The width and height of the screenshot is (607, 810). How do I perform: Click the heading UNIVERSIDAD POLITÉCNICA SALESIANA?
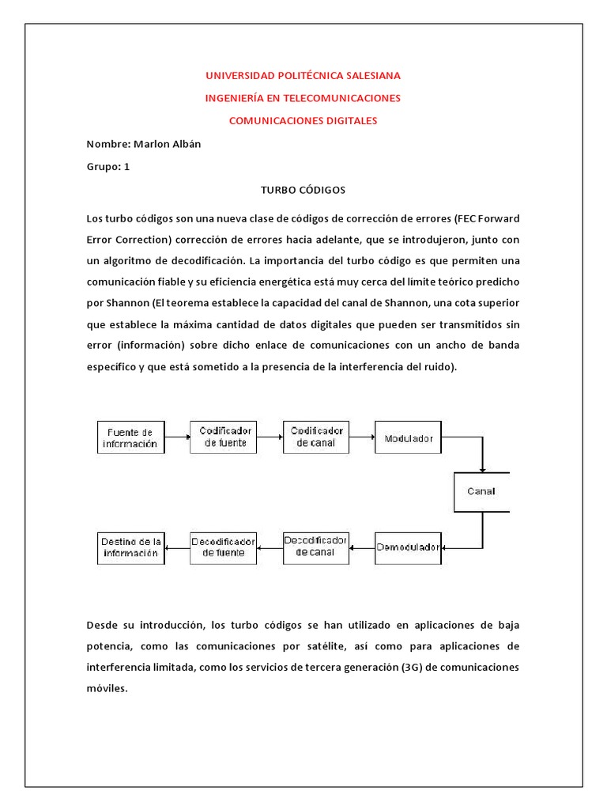[303, 75]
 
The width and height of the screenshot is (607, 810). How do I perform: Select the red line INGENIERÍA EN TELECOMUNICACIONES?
[303, 98]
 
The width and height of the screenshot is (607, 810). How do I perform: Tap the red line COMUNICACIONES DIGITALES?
[303, 121]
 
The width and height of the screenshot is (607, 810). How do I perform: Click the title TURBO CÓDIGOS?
[303, 190]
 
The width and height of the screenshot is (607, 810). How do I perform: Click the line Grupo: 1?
[107, 167]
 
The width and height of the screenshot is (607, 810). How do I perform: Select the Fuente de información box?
[130, 437]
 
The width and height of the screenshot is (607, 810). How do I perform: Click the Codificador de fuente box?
[224, 437]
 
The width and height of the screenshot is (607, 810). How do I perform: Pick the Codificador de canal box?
[316, 437]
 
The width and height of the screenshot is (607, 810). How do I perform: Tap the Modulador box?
[409, 437]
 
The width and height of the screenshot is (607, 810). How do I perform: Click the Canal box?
[481, 491]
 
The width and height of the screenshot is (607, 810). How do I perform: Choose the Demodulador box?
[409, 547]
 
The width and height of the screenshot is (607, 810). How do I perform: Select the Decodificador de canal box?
[316, 547]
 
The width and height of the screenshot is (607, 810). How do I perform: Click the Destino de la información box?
[130, 547]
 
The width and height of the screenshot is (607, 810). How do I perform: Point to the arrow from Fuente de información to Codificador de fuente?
[177, 437]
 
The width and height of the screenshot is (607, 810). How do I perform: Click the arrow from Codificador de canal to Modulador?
[362, 437]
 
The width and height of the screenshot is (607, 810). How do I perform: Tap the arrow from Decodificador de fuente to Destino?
[177, 547]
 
